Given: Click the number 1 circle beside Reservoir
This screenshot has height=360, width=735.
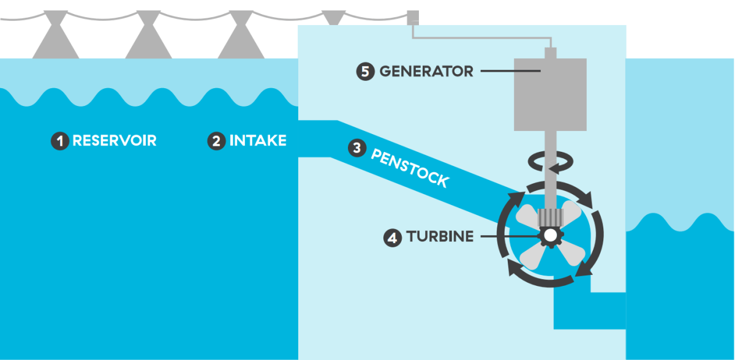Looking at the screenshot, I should coord(59,141).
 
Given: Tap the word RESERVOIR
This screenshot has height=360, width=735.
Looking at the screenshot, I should coord(115,141).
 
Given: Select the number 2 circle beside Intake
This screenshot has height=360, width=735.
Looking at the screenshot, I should coord(216,141).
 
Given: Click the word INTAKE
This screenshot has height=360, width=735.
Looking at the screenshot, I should coord(258,141).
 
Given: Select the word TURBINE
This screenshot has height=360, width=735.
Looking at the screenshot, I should coord(440,237).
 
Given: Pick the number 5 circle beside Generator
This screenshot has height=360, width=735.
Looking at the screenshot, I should coord(365,72).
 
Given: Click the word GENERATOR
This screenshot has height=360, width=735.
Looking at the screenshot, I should coord(426,72).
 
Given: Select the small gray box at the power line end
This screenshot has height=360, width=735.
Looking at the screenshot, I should coord(412,17).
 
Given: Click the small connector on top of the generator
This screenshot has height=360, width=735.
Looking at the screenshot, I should coord(550,53).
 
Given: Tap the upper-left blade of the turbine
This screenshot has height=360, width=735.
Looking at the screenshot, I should coord(527,215).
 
